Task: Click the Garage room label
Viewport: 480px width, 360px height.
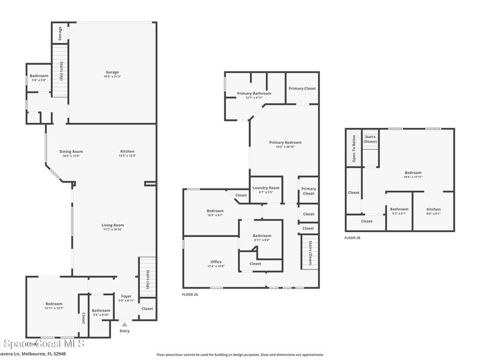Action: [x=112, y=72]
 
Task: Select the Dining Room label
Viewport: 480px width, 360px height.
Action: [x=71, y=151]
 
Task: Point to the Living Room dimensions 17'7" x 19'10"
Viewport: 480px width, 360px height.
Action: [x=112, y=230]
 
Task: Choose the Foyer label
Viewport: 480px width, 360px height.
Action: [x=127, y=296]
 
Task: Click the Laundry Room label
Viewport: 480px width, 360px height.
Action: [x=266, y=188]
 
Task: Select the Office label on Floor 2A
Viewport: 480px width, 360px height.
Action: [x=216, y=262]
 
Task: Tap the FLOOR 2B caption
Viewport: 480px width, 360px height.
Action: [x=352, y=238]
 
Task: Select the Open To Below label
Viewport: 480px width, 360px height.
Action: [x=354, y=149]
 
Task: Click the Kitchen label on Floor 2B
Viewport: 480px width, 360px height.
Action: [x=433, y=209]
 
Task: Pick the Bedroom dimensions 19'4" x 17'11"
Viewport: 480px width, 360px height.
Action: [x=413, y=177]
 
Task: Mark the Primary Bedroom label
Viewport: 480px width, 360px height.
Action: [x=285, y=142]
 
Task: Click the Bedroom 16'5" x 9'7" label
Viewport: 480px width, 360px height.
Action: [x=215, y=211]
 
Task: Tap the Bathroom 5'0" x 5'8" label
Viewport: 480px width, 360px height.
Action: [x=39, y=76]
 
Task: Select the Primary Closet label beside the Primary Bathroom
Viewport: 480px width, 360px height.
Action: [x=302, y=88]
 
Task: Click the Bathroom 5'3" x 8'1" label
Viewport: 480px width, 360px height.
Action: [x=399, y=209]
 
